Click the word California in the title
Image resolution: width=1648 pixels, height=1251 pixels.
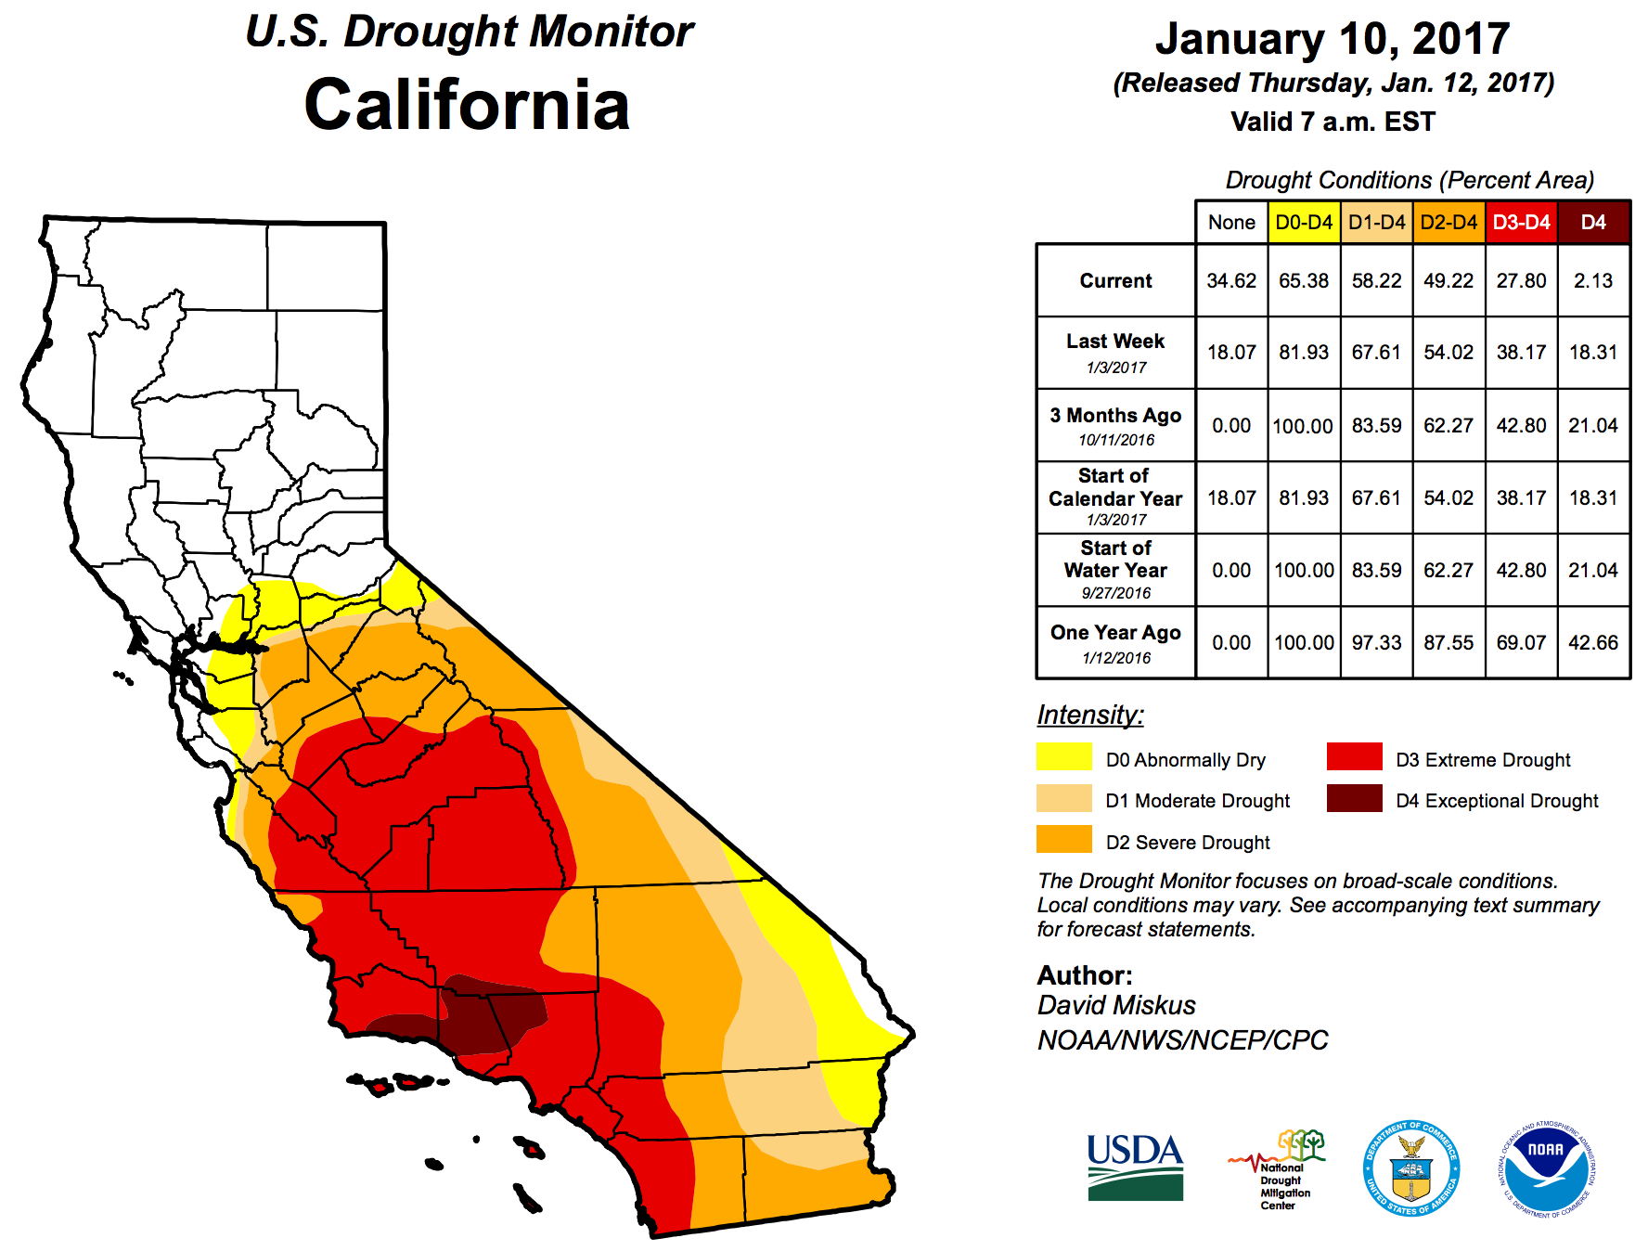coord(467,104)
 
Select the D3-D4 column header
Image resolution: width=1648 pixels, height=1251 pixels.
coord(1521,223)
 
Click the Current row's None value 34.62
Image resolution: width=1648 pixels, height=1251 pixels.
coord(1231,280)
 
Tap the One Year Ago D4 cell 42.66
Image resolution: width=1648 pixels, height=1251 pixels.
coord(1592,642)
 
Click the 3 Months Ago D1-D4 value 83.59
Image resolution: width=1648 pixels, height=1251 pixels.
coord(1376,425)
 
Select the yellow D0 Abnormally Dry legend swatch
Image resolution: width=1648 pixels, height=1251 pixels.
coord(1063,757)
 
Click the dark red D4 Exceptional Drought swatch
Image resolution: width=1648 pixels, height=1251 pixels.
coord(1354,798)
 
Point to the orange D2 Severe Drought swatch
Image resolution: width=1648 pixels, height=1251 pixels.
coord(1063,839)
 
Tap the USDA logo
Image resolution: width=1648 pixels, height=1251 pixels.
coord(1135,1167)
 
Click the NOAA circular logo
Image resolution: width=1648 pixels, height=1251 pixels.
coord(1545,1167)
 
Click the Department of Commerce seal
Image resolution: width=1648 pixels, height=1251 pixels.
coord(1410,1167)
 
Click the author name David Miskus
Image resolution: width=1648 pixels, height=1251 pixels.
coord(1116,1005)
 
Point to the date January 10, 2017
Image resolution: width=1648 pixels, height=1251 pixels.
coord(1332,39)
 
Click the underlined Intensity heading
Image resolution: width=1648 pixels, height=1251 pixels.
coord(1089,715)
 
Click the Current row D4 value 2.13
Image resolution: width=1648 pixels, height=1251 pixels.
coord(1592,280)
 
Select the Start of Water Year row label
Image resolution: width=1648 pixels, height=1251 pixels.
coord(1114,569)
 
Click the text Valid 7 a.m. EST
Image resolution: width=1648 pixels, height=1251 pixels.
coord(1332,122)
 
